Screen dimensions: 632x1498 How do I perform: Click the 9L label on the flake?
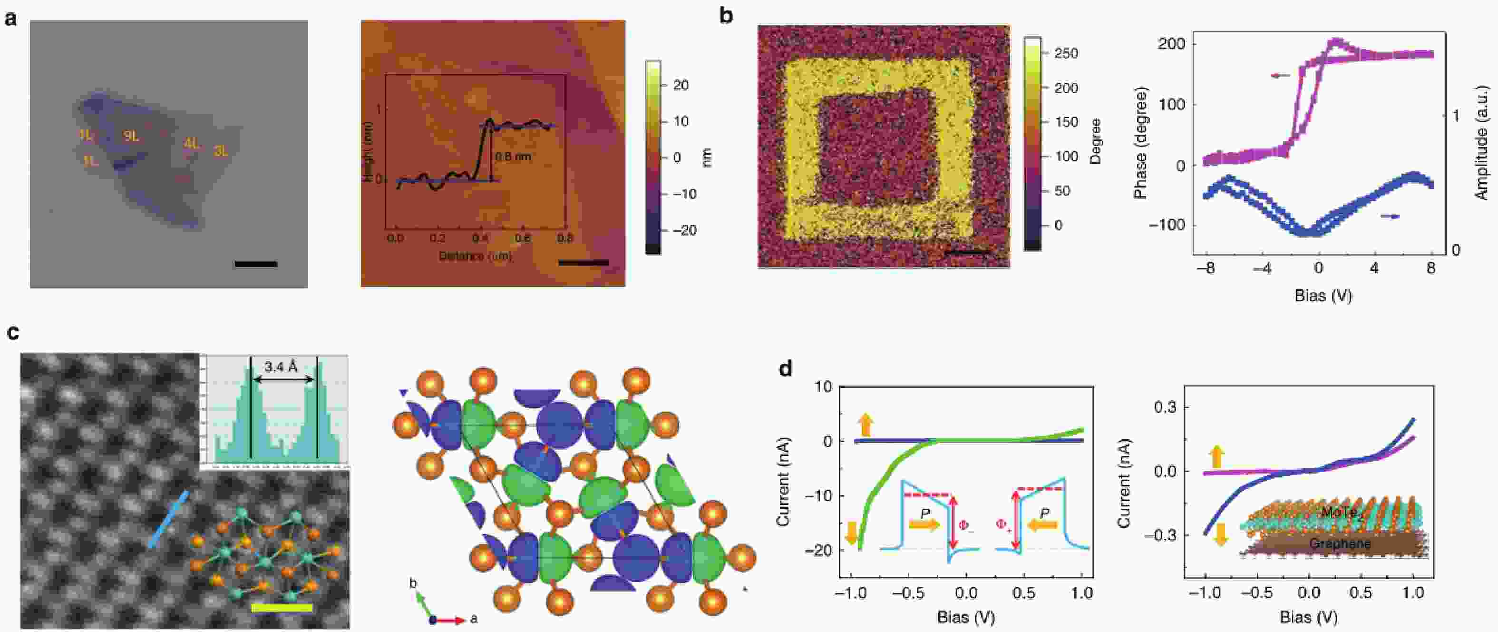click(131, 136)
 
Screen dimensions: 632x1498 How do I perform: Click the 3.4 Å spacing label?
click(281, 366)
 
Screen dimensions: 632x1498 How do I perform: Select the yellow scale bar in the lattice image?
click(282, 608)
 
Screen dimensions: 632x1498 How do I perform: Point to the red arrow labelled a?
click(451, 621)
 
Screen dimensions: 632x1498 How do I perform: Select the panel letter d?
click(785, 368)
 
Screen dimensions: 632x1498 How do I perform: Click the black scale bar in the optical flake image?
click(256, 264)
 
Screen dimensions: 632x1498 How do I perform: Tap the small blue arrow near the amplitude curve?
click(1390, 217)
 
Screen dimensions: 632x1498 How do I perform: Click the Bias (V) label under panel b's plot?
click(1323, 296)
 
